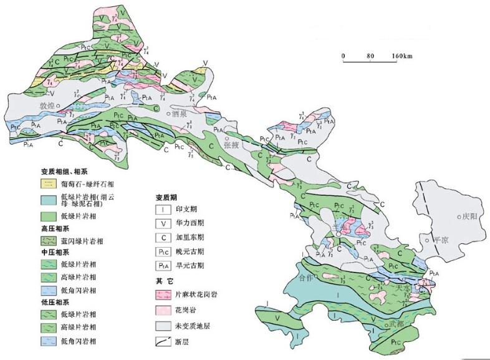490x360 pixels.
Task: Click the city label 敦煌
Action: click(47, 105)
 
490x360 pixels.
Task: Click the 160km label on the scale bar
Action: click(402, 56)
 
